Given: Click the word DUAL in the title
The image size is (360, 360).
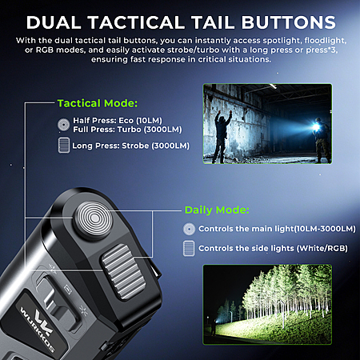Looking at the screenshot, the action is pyautogui.click(x=54, y=22).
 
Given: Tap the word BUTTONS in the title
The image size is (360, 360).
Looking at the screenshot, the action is pyautogui.click(x=289, y=22).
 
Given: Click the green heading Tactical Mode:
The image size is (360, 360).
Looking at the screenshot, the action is pyautogui.click(x=98, y=103).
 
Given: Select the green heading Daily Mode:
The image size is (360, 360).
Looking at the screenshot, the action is pyautogui.click(x=217, y=210).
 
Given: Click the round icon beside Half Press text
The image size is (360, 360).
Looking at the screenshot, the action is pyautogui.click(x=63, y=124).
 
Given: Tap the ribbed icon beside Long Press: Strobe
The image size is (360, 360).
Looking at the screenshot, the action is pyautogui.click(x=64, y=145).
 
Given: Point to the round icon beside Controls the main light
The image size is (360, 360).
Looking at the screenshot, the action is pyautogui.click(x=189, y=229).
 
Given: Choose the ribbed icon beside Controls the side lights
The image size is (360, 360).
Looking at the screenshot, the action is pyautogui.click(x=189, y=248).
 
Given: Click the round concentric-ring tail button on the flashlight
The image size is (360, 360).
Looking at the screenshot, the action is pyautogui.click(x=94, y=218).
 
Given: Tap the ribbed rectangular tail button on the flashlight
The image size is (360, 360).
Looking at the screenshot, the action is pyautogui.click(x=123, y=271).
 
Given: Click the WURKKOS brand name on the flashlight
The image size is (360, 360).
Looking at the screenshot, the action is pyautogui.click(x=37, y=330).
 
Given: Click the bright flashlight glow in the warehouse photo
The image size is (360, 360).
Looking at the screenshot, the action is pyautogui.click(x=317, y=126).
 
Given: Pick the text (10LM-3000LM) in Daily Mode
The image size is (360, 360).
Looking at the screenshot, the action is pyautogui.click(x=325, y=229).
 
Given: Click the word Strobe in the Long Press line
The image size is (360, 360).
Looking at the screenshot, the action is pyautogui.click(x=135, y=146).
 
